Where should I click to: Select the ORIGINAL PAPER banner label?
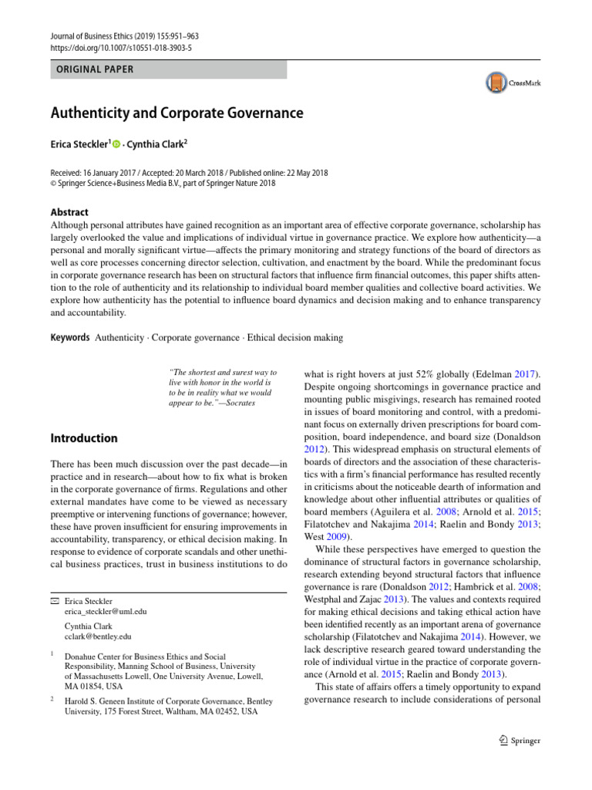pyautogui.click(x=92, y=69)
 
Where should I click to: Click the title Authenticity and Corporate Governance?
pyautogui.click(x=177, y=113)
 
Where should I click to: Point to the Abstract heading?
pyautogui.click(x=69, y=212)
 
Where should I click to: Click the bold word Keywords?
pyautogui.click(x=70, y=337)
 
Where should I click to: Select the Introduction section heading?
pyautogui.click(x=84, y=438)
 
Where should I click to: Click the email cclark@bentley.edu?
pyautogui.click(x=99, y=636)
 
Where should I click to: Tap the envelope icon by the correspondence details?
pyautogui.click(x=55, y=599)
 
